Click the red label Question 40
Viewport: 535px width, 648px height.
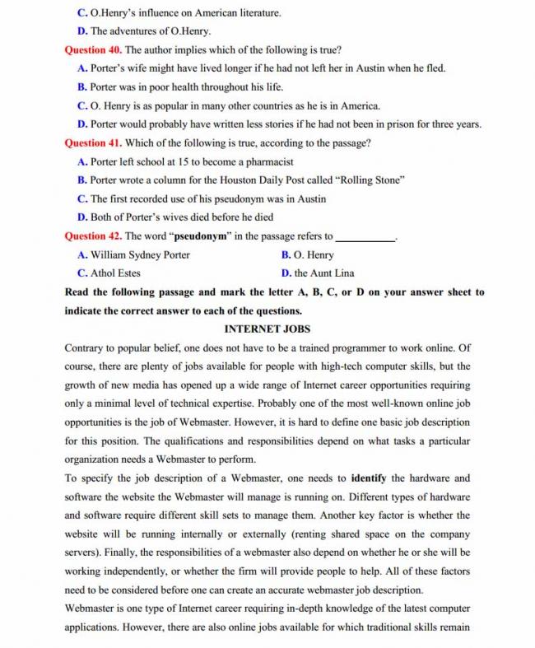(93, 49)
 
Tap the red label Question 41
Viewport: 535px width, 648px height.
(93, 142)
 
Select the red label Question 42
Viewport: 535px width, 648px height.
(93, 236)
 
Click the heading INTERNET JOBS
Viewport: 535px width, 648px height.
(267, 329)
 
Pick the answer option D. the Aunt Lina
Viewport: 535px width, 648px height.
(318, 273)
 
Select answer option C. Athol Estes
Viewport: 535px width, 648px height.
(109, 273)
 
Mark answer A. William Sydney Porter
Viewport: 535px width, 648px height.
(133, 255)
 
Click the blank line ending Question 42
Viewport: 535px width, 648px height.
(365, 237)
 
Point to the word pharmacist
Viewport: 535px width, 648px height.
(270, 161)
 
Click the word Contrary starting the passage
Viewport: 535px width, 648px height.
(86, 347)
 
